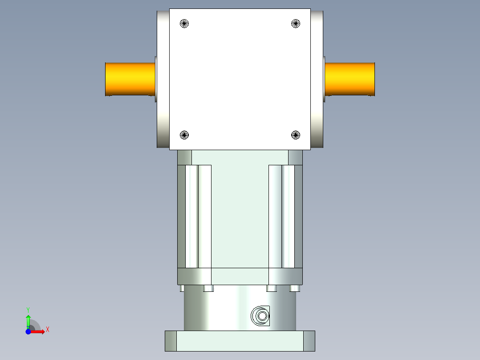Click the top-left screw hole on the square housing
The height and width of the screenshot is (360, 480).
184,24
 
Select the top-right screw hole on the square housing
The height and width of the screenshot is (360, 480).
296,24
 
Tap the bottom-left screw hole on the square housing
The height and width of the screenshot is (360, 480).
184,135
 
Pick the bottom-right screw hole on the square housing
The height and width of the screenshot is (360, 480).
296,135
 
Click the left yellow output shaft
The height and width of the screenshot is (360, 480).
130,79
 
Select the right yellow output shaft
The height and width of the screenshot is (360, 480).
350,79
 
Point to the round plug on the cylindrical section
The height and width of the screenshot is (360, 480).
261,316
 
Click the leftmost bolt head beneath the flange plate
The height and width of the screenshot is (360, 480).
182,288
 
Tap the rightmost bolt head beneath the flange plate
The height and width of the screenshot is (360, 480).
294,288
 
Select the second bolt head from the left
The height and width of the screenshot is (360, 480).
208,288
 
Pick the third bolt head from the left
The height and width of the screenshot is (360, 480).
272,288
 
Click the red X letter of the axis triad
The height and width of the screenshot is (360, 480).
47,329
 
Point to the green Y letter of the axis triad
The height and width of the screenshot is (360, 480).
28,309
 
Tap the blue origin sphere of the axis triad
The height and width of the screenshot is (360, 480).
28,332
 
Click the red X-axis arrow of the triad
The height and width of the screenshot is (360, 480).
39,332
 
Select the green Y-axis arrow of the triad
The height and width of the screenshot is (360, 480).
28,320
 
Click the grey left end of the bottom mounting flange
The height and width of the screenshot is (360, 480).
171,341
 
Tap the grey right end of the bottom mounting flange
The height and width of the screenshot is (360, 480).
309,341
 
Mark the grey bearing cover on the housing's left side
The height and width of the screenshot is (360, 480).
163,79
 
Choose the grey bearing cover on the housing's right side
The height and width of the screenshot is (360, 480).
317,79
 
